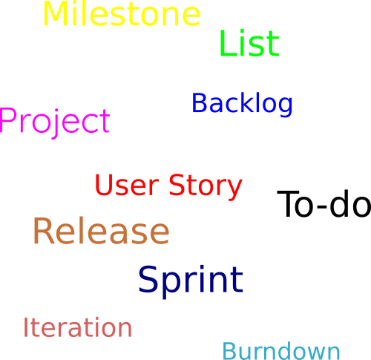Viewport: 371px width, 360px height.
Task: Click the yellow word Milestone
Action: [122, 13]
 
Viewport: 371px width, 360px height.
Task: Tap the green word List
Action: [249, 43]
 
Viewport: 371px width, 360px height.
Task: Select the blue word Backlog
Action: [242, 103]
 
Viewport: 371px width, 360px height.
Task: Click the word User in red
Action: [127, 185]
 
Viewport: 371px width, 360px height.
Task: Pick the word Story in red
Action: [206, 187]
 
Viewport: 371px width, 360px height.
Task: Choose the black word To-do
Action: [324, 203]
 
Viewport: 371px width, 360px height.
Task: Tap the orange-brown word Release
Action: [101, 231]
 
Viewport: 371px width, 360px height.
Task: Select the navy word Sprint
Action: [191, 281]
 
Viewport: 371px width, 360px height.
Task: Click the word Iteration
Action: [78, 327]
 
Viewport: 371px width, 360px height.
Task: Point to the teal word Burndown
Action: [281, 350]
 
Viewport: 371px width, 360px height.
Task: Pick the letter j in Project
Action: [56, 124]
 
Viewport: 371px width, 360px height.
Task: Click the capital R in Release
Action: [44, 231]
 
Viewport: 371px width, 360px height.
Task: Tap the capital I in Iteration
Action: [25, 327]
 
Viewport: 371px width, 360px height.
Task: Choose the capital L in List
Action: [228, 43]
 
